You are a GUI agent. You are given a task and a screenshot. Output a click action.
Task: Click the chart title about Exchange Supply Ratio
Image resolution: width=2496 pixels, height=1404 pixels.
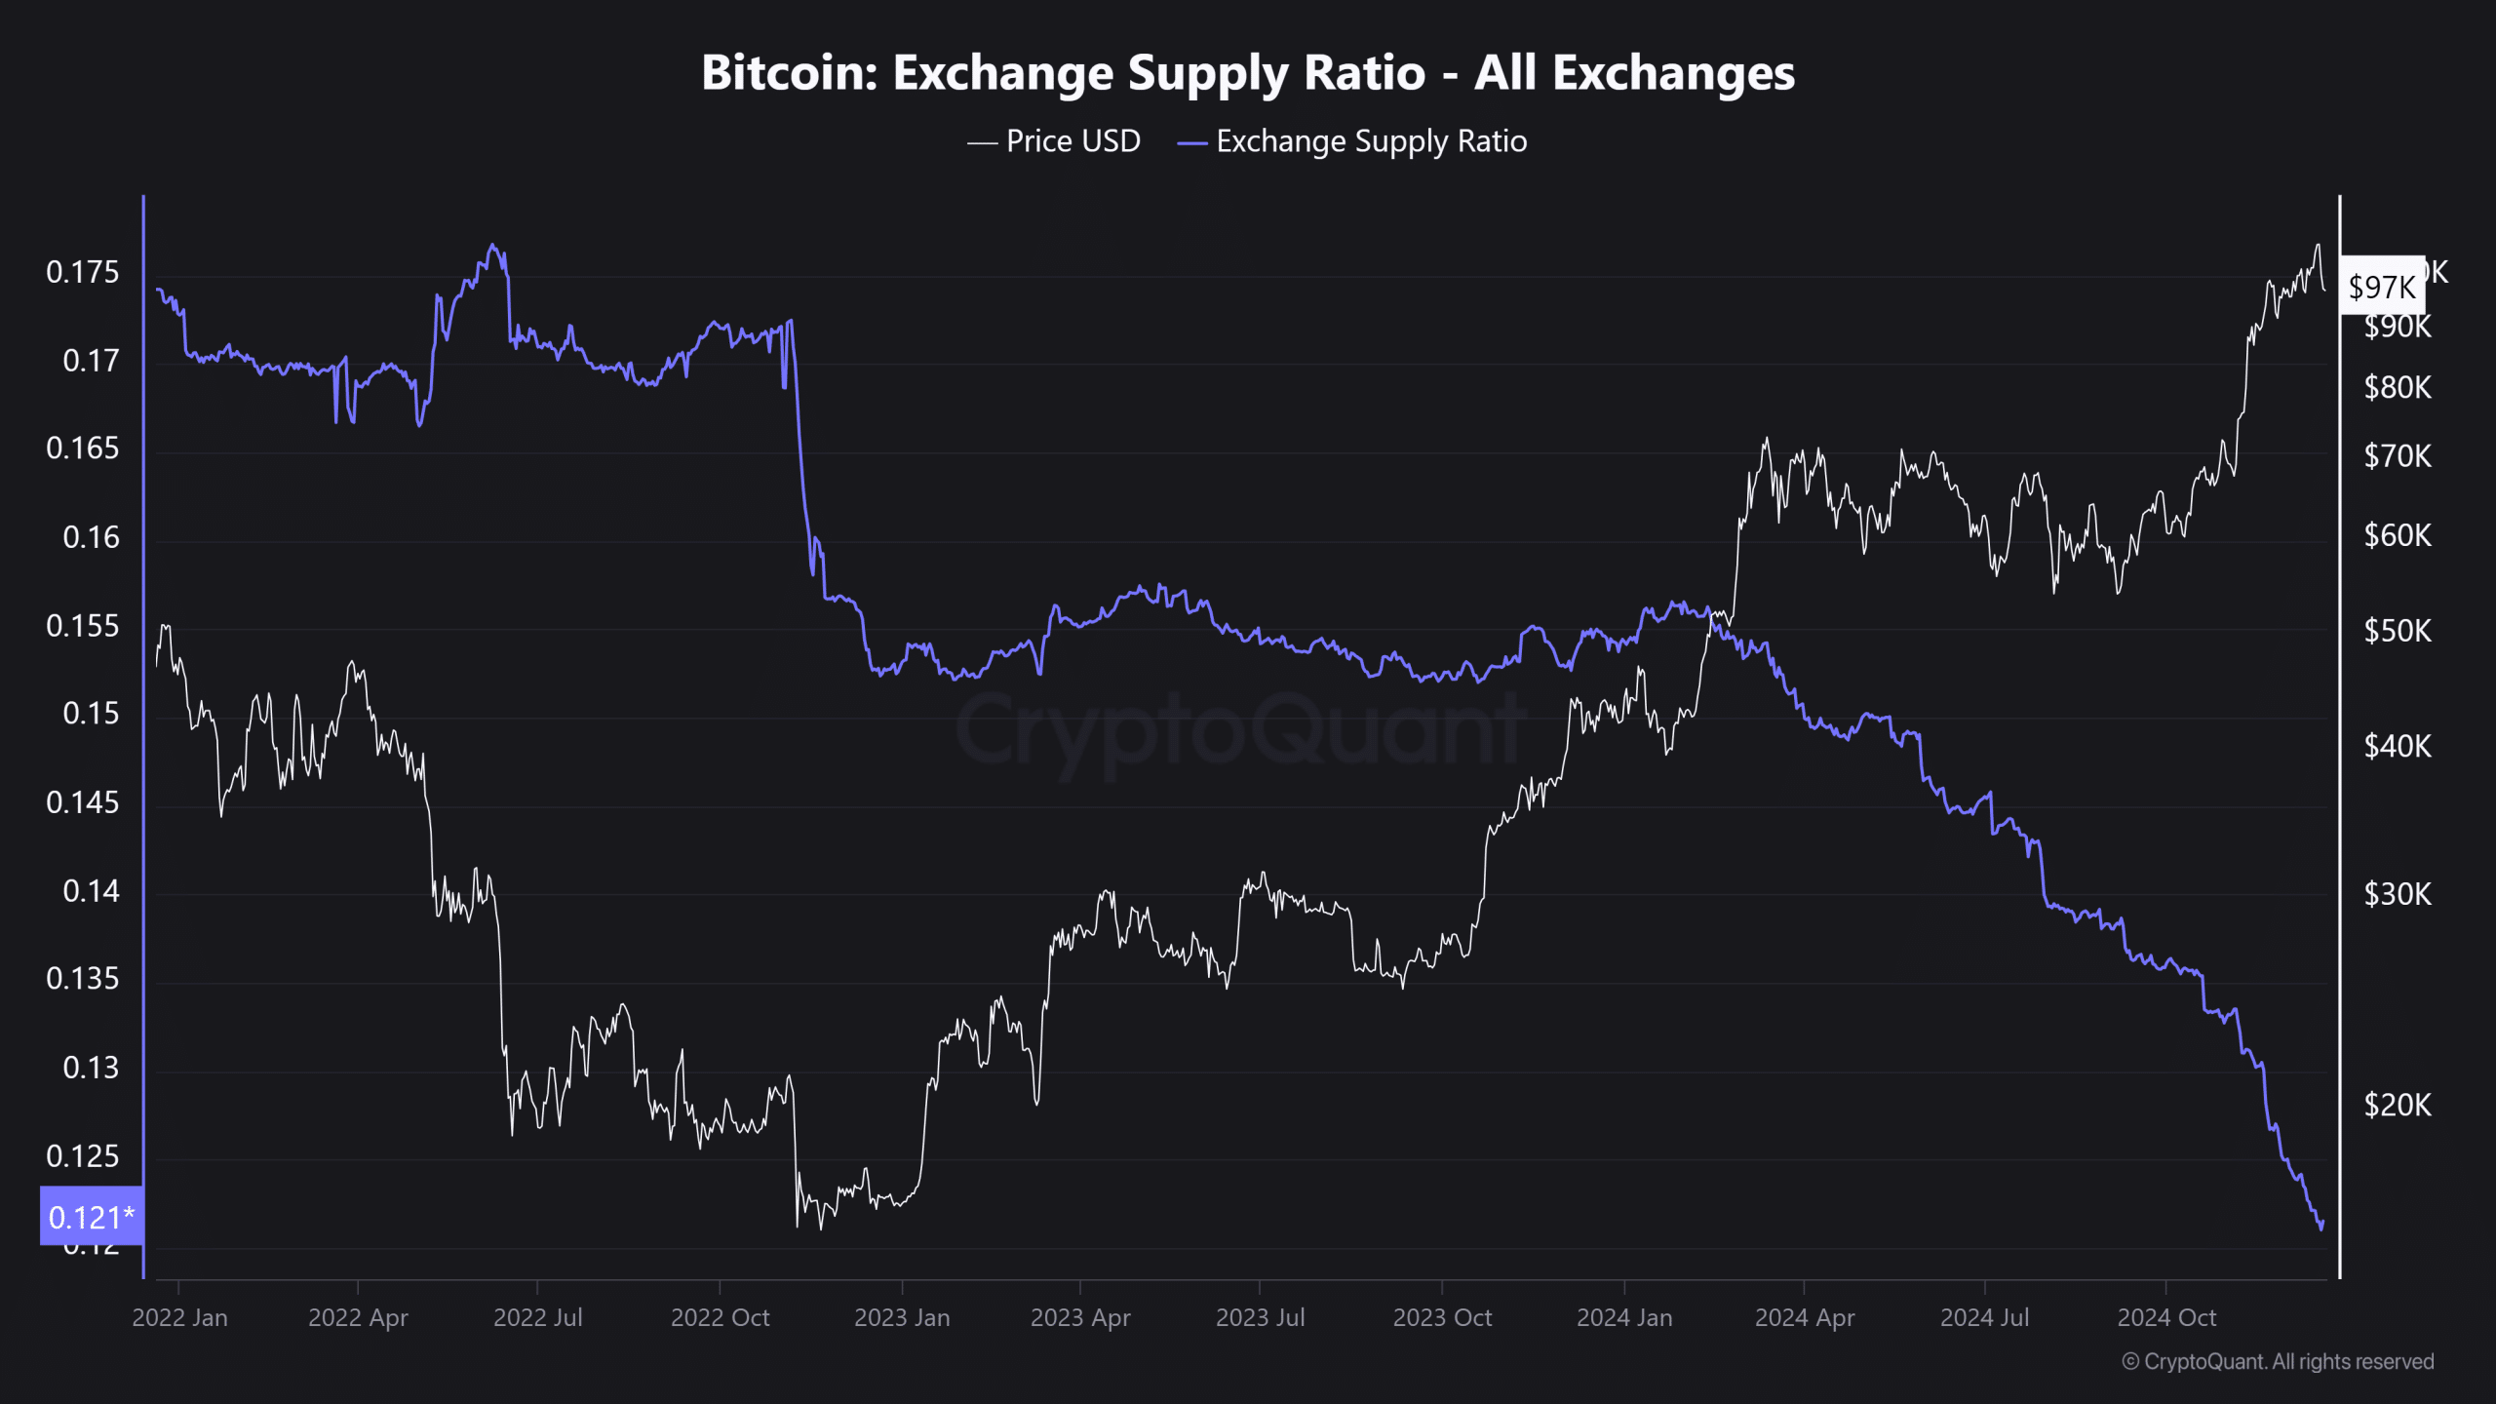coord(1248,73)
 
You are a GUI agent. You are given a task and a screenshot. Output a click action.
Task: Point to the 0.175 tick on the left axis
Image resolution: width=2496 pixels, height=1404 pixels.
coord(83,272)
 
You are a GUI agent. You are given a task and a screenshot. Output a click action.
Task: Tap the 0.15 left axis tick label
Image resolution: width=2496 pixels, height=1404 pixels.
coord(91,714)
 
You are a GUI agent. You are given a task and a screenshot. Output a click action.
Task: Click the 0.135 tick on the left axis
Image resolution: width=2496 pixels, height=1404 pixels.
coord(83,979)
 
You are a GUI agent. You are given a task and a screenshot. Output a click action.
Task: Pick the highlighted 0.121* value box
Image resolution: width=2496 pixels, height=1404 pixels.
coord(91,1217)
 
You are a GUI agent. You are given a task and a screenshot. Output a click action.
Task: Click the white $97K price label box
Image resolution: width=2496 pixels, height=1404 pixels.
coord(2381,287)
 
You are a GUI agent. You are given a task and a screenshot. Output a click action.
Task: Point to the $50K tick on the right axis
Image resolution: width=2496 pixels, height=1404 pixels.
coord(2397,631)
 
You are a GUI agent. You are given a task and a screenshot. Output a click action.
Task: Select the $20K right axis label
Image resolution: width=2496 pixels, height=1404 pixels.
coord(2397,1105)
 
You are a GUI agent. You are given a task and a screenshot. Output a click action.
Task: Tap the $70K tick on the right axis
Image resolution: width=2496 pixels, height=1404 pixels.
coord(2397,455)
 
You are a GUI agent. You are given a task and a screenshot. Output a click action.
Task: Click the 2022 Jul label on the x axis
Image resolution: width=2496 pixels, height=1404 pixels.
coord(537,1317)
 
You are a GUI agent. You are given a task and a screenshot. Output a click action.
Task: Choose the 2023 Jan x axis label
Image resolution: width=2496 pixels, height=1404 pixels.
coord(902,1317)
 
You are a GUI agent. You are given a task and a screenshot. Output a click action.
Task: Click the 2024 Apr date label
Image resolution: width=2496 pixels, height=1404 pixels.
coord(1804,1317)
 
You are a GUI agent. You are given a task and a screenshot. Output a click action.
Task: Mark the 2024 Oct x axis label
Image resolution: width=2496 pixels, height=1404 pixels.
coord(2165,1317)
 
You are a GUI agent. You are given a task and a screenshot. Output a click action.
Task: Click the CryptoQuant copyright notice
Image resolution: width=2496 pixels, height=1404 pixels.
coord(2278,1361)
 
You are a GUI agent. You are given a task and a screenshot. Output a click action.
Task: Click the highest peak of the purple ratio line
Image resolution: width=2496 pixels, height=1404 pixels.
coord(492,245)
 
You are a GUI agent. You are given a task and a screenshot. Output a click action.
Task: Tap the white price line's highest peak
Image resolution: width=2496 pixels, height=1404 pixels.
coord(2318,245)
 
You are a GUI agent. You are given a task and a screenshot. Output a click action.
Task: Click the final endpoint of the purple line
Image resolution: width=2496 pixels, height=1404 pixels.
coord(2322,1223)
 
